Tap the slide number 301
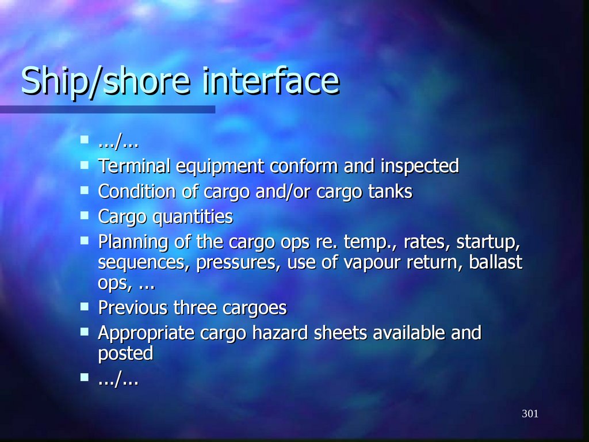pos(530,414)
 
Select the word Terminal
pos(135,166)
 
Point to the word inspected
pos(419,167)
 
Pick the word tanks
pos(390,192)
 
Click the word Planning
pos(133,242)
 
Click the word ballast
pos(496,262)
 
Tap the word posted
pos(125,353)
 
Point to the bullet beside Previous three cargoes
pos(85,307)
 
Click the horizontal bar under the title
pos(108,109)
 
